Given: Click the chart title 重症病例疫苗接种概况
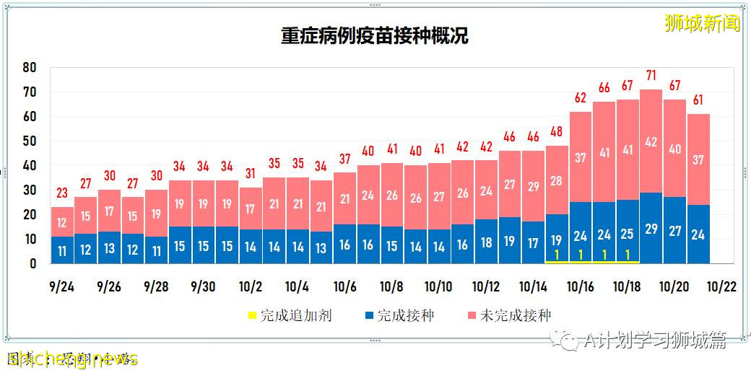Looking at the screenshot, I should click(374, 36).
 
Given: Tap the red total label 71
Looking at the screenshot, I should click(651, 75).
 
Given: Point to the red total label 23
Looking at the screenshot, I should click(63, 193).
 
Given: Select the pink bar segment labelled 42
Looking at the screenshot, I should click(651, 141).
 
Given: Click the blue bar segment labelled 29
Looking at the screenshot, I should click(651, 229).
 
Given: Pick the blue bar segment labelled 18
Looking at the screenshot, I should click(486, 242).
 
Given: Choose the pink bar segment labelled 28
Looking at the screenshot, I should click(557, 180).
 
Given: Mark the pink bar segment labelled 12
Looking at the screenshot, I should click(63, 222).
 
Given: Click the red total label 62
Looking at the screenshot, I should click(581, 97).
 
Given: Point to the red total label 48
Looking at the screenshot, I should click(557, 131).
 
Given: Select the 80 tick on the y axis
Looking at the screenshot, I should click(30, 67).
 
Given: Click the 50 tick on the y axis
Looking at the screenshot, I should click(30, 141).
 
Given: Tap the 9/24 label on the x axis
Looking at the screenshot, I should click(61, 286).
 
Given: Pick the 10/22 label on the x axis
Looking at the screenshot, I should click(721, 286).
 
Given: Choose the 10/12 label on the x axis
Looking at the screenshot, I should click(485, 286).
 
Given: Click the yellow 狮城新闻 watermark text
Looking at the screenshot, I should click(702, 24).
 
